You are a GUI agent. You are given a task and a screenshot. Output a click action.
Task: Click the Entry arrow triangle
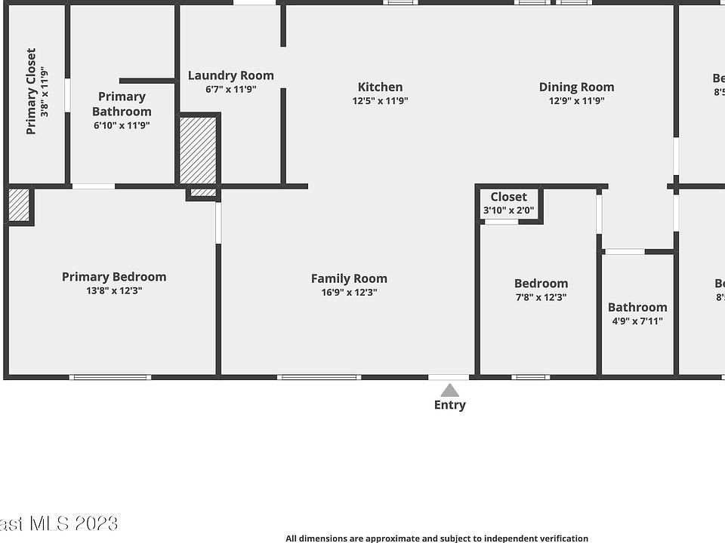click(449, 391)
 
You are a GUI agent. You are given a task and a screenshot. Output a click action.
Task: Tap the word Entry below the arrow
click(449, 405)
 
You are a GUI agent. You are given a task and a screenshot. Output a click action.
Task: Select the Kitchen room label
click(380, 87)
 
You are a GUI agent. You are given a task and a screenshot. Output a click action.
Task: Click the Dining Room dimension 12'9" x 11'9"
click(576, 100)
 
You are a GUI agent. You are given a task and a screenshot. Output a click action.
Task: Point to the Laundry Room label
click(230, 75)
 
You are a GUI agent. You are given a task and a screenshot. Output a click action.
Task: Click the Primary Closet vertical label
click(31, 91)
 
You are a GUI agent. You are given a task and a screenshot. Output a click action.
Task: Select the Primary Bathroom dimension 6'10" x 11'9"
click(122, 125)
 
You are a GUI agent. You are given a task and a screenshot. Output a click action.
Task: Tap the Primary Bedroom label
click(114, 277)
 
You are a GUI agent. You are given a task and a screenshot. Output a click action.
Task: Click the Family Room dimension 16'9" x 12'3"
click(349, 292)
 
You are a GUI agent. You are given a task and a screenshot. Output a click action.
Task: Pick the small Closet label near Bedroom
click(508, 198)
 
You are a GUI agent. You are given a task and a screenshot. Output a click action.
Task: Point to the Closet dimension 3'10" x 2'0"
click(508, 210)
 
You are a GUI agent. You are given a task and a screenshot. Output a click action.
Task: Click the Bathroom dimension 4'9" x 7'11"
click(637, 321)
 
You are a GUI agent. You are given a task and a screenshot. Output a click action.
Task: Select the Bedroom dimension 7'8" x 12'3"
click(541, 297)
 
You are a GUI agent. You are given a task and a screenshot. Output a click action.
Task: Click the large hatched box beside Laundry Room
click(199, 149)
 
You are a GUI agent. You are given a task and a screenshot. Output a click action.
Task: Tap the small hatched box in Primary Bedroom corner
click(19, 205)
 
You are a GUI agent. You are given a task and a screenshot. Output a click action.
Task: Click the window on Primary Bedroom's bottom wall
click(110, 377)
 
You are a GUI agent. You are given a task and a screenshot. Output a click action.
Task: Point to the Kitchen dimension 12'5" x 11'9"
click(380, 100)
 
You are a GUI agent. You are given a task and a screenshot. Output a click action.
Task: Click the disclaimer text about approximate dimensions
click(437, 538)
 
